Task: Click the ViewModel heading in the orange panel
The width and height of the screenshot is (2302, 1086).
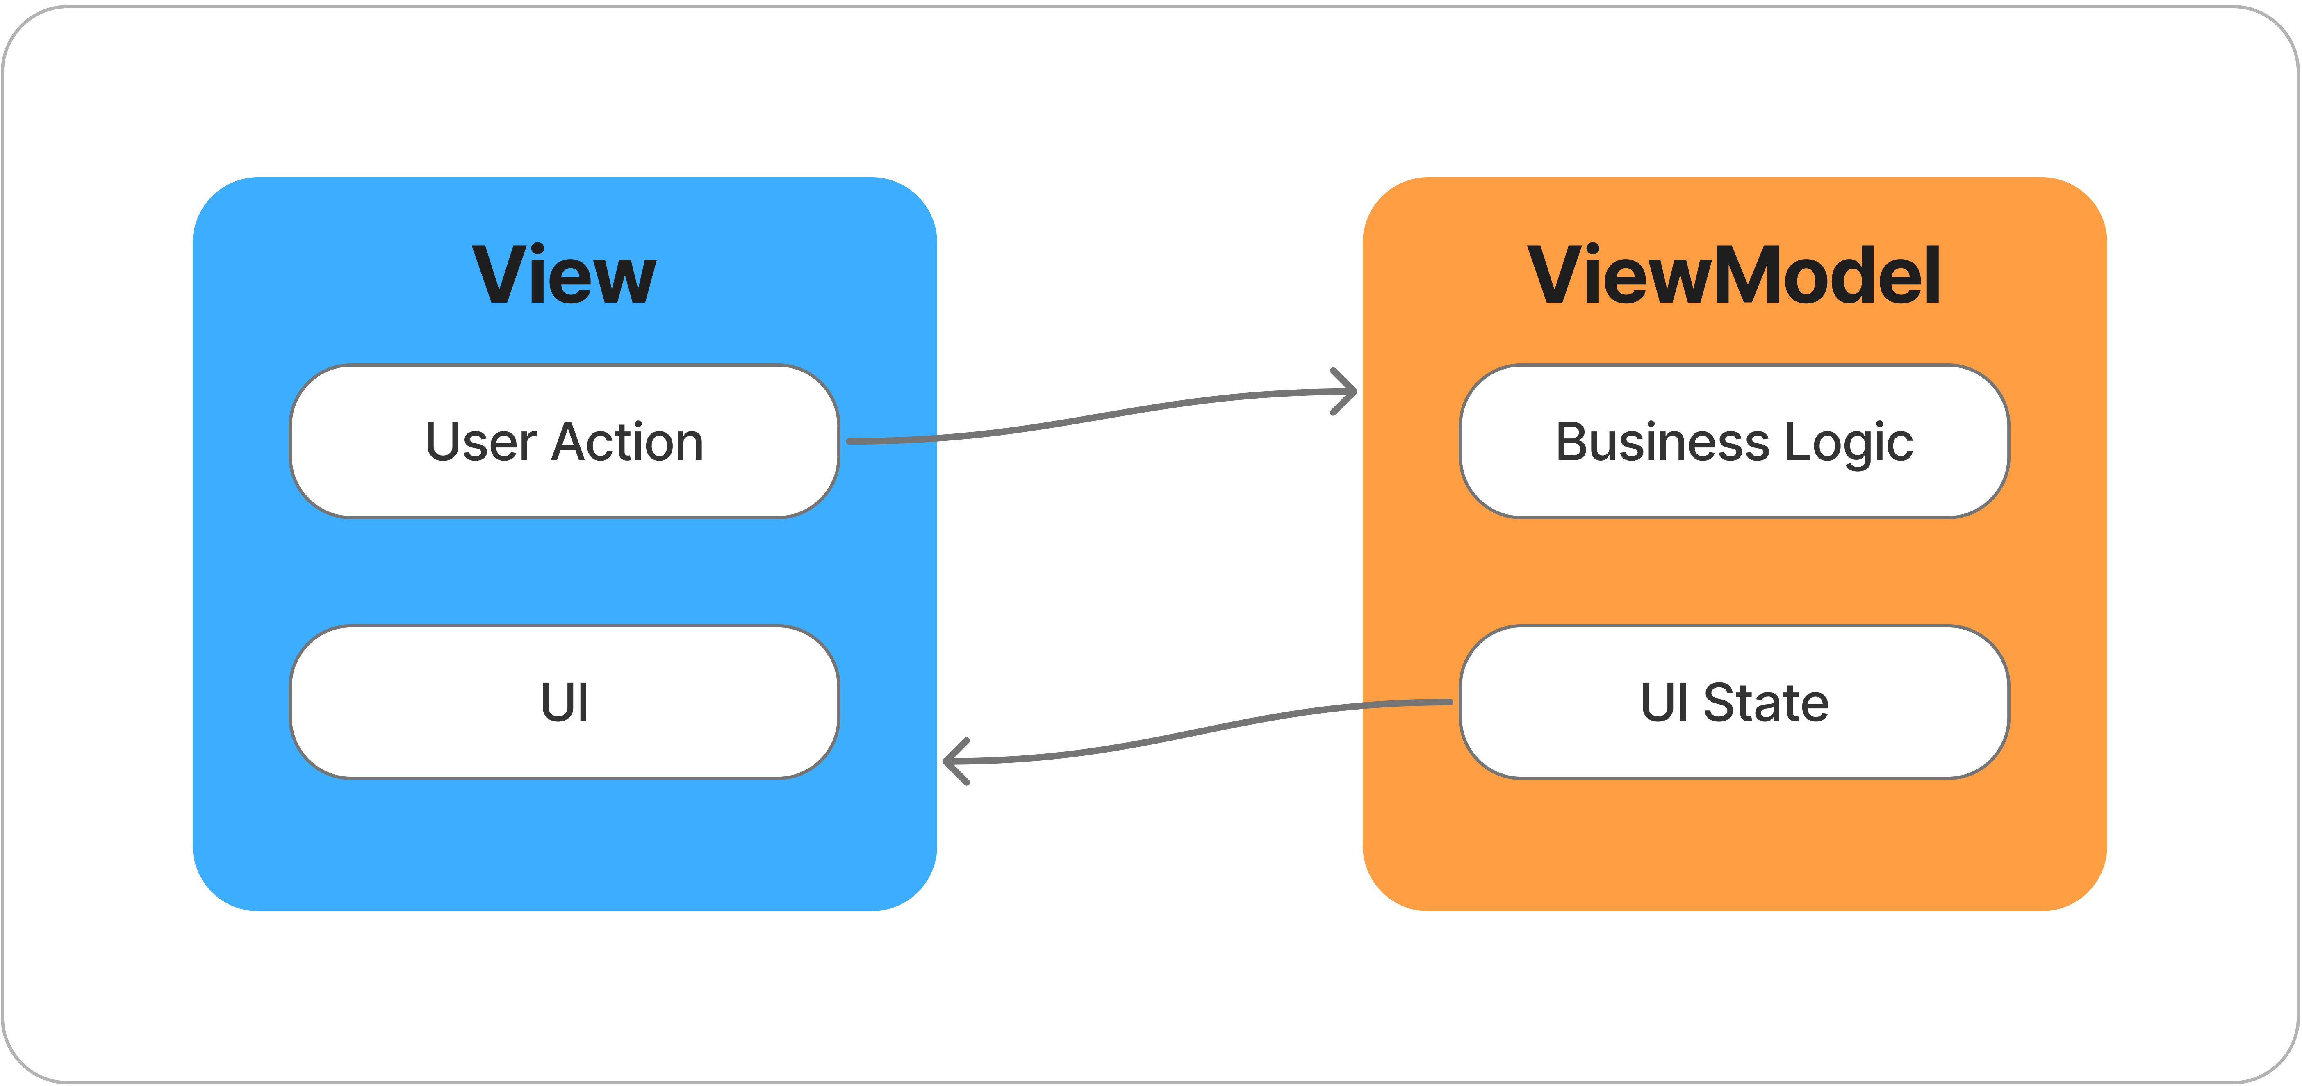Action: click(x=1734, y=275)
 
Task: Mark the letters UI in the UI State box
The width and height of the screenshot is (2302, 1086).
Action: click(x=1664, y=703)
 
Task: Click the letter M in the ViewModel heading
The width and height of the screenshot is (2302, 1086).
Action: click(x=1750, y=275)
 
